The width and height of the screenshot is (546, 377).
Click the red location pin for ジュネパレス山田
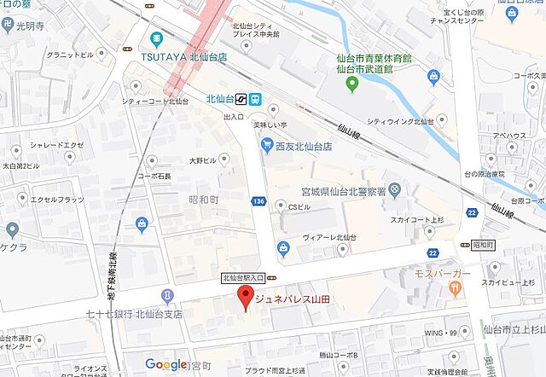(246, 299)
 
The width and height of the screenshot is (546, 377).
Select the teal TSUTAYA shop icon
(156, 38)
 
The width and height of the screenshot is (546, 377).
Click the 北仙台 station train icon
(257, 98)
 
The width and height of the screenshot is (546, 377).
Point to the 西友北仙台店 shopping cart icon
(267, 146)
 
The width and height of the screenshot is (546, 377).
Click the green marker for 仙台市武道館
(351, 84)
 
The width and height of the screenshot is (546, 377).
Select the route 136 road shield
(258, 201)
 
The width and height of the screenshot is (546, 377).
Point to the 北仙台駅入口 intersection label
(243, 277)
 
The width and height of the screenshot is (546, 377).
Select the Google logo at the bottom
(166, 364)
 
